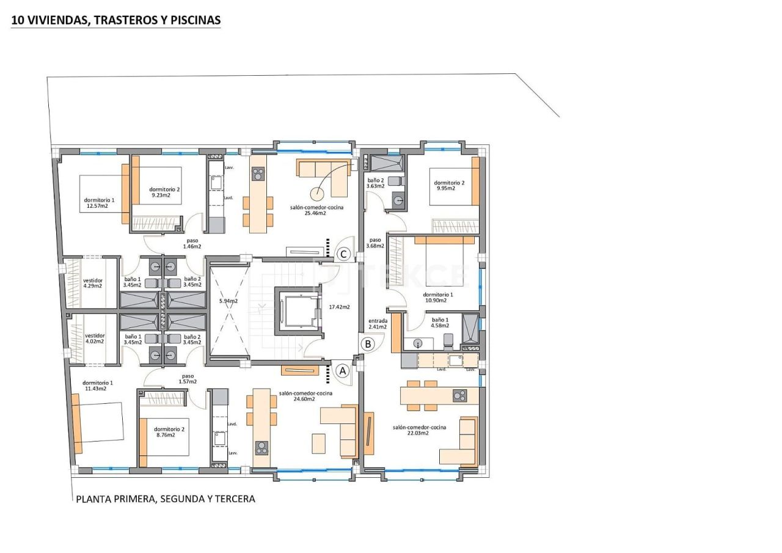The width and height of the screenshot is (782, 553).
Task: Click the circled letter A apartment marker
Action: coord(342,370)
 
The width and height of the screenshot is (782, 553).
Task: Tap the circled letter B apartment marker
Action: coord(368,344)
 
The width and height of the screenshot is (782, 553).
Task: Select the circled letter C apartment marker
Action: coord(343,254)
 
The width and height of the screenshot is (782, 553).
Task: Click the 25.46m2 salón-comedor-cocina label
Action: coord(316,210)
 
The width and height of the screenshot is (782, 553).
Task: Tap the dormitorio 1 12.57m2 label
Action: coord(98,203)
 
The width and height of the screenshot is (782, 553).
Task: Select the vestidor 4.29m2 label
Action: coord(93,283)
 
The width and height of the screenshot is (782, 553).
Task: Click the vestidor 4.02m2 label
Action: coord(95,338)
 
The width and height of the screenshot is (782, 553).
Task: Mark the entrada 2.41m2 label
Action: coord(378,324)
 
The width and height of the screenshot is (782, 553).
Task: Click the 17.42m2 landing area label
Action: coord(339,307)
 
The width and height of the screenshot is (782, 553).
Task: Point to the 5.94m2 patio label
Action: coord(228,301)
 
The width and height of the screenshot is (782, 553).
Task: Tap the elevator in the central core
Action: coord(299,311)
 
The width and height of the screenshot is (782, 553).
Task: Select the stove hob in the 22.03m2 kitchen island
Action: coord(459,396)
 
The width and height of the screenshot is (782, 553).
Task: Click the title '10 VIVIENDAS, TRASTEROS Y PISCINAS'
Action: coord(116,20)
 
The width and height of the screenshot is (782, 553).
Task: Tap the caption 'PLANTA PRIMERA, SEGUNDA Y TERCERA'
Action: coord(166,499)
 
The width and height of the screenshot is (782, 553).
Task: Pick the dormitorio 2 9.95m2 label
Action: coord(449,185)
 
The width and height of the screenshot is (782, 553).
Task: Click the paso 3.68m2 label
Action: coord(375,243)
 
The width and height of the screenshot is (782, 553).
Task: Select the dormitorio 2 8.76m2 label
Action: coord(169,432)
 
